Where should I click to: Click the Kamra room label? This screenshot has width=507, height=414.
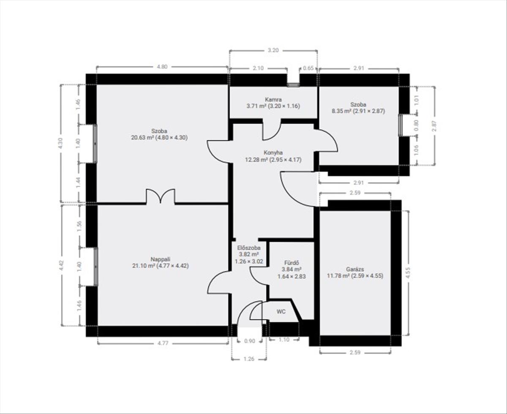point(273,99)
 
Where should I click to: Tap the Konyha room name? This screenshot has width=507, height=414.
point(273,153)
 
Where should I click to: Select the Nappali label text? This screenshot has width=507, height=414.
point(161,259)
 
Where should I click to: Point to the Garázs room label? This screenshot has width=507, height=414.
point(355,269)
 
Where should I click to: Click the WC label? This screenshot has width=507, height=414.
point(281,312)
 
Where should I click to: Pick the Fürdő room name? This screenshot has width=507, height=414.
point(292,263)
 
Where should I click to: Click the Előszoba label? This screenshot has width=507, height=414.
point(249,248)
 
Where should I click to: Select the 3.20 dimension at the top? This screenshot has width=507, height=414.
point(273,50)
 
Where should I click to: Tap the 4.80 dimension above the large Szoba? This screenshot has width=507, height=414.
point(162,67)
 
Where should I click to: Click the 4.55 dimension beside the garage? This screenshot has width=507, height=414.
point(408,273)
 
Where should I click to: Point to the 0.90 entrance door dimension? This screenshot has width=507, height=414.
point(249,341)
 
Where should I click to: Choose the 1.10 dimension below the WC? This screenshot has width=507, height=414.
point(284,340)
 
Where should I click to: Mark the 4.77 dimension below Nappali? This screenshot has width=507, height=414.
point(163,343)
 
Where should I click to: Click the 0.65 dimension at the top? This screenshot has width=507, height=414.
point(308,68)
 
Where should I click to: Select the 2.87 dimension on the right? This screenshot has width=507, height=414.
point(434,126)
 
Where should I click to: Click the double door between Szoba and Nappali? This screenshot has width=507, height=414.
point(161,196)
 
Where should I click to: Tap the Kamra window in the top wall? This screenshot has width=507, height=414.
point(293,84)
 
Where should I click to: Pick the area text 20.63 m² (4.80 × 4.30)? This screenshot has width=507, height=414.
point(159,138)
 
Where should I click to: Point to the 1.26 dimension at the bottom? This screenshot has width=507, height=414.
point(249,359)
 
